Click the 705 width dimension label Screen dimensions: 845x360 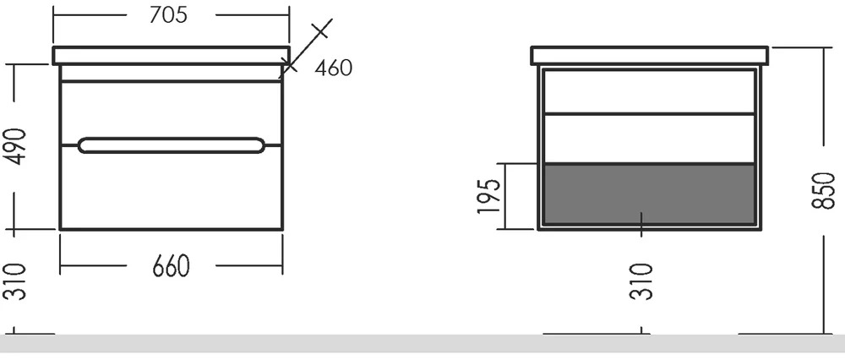tap(169, 15)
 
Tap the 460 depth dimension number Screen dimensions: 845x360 tap(334, 68)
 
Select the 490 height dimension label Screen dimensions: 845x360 tap(15, 146)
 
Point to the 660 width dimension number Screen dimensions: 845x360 tap(172, 265)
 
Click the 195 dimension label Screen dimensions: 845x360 tap(488, 195)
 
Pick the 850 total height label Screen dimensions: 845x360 tap(823, 191)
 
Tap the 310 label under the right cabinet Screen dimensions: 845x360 tap(641, 281)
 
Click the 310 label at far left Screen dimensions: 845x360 tap(15, 281)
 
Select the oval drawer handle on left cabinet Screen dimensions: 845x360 tap(172, 145)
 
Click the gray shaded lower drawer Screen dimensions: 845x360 tap(649, 194)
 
